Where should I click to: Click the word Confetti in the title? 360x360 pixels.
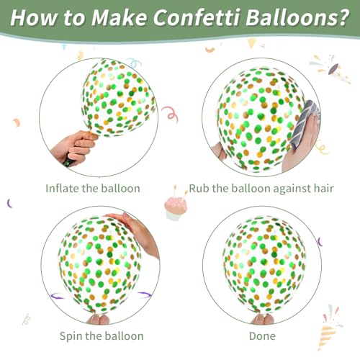(x=196, y=17)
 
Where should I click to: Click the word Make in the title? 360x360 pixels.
(x=119, y=17)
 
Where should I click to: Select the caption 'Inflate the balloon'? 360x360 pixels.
(x=93, y=189)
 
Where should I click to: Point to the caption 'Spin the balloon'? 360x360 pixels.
(x=102, y=336)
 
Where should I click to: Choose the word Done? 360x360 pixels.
(x=262, y=336)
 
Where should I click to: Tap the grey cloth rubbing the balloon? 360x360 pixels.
(x=305, y=125)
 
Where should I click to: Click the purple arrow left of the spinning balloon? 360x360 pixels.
(x=58, y=296)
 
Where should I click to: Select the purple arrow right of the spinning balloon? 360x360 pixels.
(x=145, y=294)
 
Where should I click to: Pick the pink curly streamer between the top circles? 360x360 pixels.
(x=170, y=114)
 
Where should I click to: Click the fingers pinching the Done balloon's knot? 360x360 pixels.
(x=262, y=319)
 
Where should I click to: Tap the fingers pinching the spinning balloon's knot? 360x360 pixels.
(x=98, y=319)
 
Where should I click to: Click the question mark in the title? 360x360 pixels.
(x=343, y=17)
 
